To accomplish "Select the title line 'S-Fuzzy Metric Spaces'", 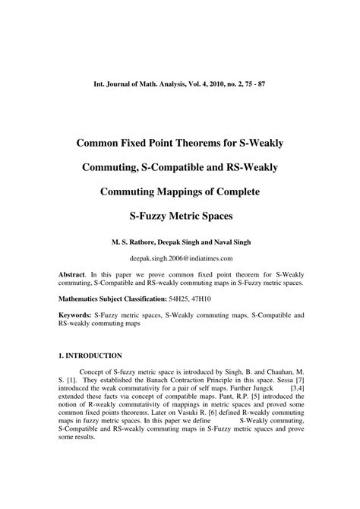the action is point(180,217).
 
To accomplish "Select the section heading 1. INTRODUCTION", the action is point(90,355).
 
